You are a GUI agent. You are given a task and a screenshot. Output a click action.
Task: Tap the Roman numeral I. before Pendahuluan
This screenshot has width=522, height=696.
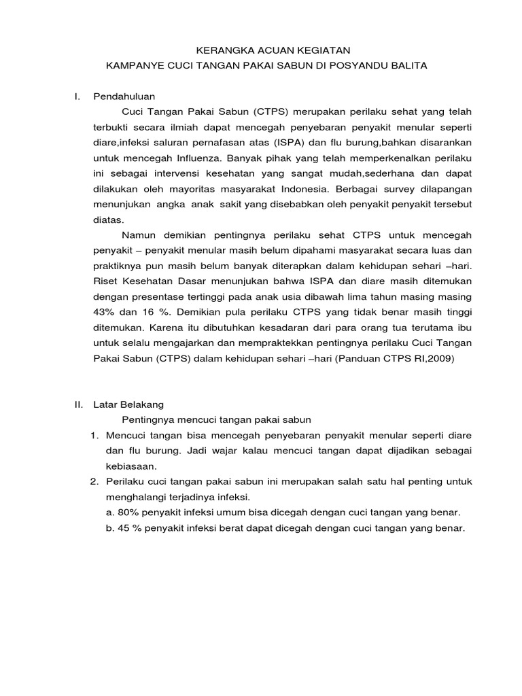tap(77, 96)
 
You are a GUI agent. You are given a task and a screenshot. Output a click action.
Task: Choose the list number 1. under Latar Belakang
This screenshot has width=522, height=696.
tap(96, 434)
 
